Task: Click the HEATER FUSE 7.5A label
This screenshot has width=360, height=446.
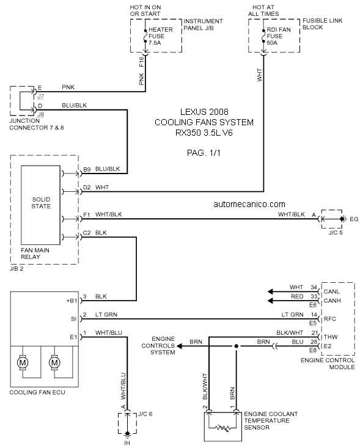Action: point(161,36)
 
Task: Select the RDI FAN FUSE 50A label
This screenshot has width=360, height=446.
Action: point(279,36)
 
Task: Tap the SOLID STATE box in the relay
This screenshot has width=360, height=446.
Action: point(41,205)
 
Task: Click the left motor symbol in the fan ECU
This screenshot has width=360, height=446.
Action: point(23,362)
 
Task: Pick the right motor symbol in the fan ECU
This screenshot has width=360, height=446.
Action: point(54,362)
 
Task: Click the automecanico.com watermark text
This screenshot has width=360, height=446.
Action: point(249,204)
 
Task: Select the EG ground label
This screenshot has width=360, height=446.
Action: point(354,219)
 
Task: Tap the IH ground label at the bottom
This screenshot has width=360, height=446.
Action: point(127,443)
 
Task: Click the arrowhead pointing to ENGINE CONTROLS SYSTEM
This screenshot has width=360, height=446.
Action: point(179,346)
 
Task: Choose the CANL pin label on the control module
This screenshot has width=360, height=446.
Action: point(331,291)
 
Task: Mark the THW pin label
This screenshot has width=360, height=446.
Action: point(331,337)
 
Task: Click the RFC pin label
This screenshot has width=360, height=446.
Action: point(330,319)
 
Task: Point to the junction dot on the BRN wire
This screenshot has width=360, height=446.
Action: point(236,346)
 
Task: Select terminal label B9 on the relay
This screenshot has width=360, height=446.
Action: point(87,169)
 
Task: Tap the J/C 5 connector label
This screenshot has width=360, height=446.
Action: point(336,232)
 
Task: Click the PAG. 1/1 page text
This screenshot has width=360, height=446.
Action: point(204,153)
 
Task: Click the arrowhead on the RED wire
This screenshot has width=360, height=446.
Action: point(270,301)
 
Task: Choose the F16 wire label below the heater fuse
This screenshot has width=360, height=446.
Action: point(141,62)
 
